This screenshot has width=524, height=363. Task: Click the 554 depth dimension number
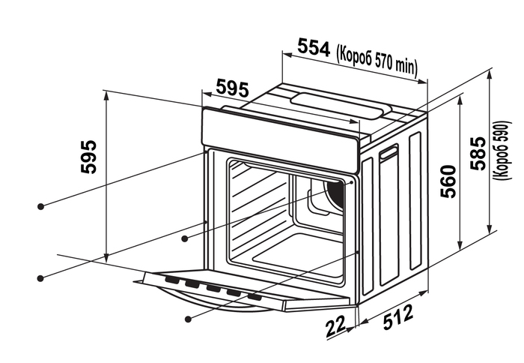click(314, 47)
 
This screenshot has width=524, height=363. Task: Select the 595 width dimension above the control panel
click(233, 88)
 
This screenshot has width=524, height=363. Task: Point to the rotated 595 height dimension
click(88, 157)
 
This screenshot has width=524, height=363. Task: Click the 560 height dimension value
click(448, 181)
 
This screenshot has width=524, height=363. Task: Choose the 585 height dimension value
click(478, 153)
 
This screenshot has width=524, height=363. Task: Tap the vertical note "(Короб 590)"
click(502, 150)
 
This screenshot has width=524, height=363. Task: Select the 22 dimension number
click(335, 327)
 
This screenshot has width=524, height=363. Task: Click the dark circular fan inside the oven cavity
click(335, 197)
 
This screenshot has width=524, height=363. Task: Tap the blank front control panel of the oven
click(280, 141)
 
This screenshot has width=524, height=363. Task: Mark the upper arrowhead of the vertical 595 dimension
click(106, 96)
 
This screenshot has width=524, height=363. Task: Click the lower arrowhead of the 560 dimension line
click(460, 245)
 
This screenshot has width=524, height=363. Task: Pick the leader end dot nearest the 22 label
click(188, 319)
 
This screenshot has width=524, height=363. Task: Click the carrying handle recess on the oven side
click(389, 153)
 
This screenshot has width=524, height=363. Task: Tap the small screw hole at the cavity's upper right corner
click(351, 183)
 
